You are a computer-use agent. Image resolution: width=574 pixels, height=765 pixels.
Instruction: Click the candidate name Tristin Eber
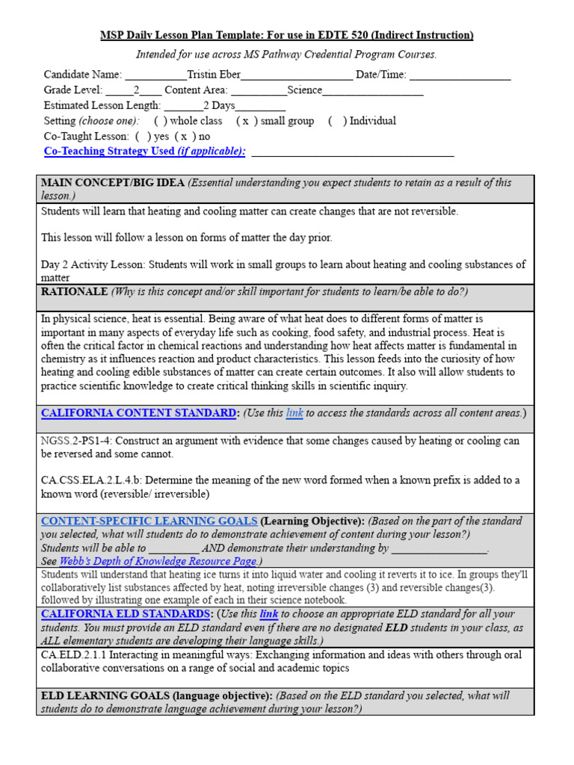(x=214, y=75)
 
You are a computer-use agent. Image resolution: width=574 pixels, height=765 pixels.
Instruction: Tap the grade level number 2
(x=136, y=90)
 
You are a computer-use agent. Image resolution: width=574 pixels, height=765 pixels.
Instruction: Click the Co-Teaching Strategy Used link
(x=144, y=152)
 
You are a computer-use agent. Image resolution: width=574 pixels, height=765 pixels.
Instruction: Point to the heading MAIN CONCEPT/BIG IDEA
(x=113, y=183)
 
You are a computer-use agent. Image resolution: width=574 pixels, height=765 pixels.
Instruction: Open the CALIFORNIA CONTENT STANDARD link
(x=138, y=412)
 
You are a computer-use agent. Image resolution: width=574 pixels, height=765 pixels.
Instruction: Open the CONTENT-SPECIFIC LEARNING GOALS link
(x=149, y=521)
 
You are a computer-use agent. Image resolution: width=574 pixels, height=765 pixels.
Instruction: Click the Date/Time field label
(x=381, y=75)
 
